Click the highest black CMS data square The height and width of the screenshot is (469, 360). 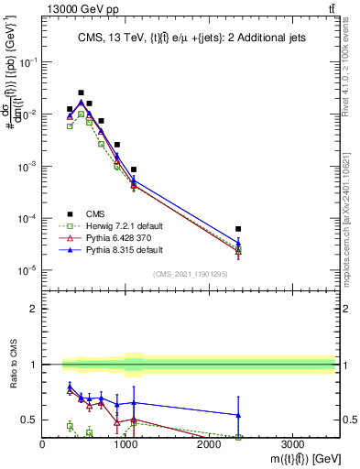[x=82, y=93]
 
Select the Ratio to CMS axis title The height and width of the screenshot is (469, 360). [x=12, y=387]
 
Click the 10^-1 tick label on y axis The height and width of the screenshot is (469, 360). [x=27, y=62]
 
